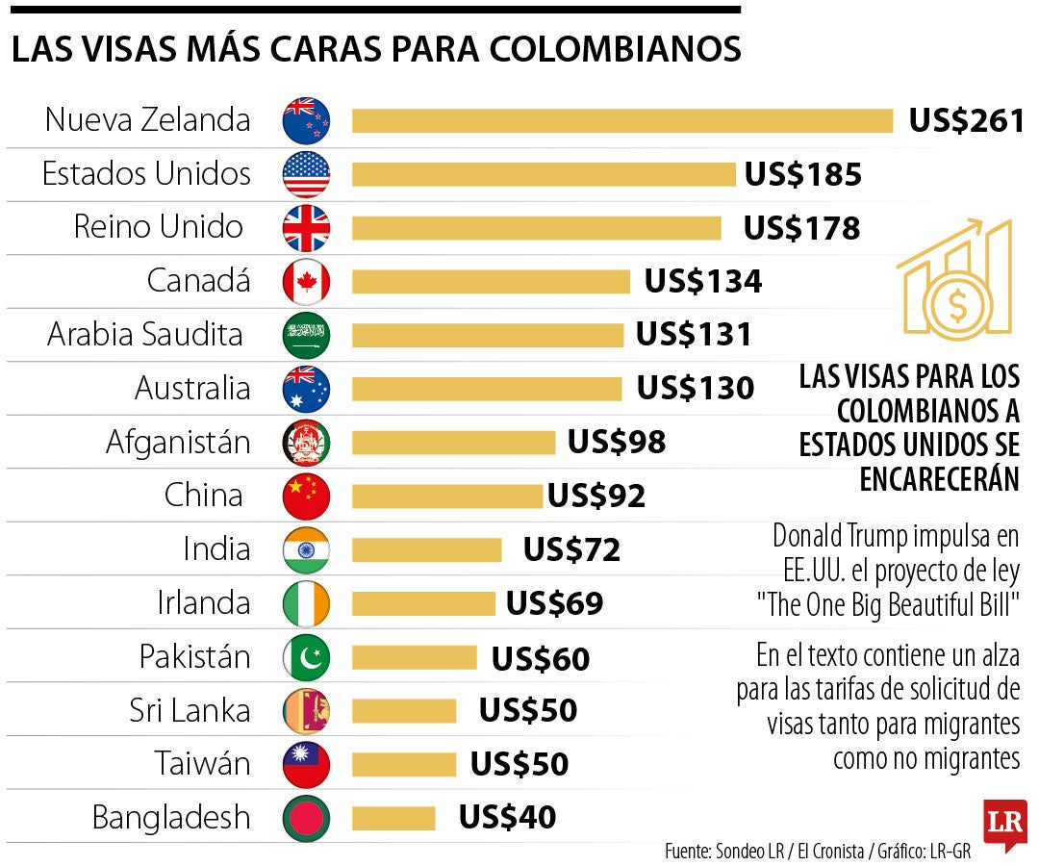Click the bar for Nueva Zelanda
coord(622,121)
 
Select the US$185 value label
coord(802,175)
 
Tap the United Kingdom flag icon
coord(306,229)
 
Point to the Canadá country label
coord(198,281)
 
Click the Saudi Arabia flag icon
coord(306,336)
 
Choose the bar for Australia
coord(487,389)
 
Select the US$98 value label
coord(616,442)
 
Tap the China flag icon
coord(306,497)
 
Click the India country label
coord(216,549)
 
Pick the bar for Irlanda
coord(423,603)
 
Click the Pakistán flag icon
coord(306,657)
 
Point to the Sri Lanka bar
coord(404,711)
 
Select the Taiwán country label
coord(202,764)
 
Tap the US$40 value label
coord(507,818)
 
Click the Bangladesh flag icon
coord(306,819)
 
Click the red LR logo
coord(1004,823)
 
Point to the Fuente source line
coord(818,852)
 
